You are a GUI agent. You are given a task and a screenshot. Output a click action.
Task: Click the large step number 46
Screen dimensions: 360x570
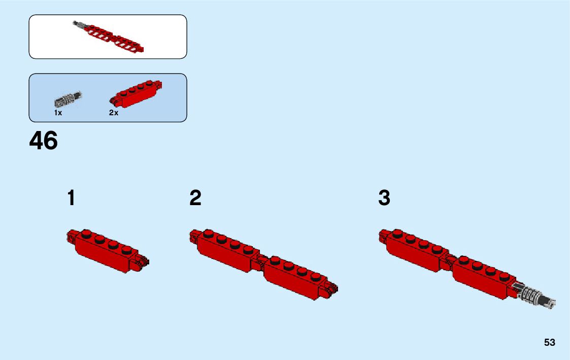44,141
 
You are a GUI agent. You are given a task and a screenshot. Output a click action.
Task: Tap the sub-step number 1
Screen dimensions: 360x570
71,198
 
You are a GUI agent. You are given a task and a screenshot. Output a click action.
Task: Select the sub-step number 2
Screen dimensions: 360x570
195,198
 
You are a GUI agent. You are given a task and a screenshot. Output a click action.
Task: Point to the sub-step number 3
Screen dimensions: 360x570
384,198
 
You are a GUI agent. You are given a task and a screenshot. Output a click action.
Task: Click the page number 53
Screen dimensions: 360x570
550,343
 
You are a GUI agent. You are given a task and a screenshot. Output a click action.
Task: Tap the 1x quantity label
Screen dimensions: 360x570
58,113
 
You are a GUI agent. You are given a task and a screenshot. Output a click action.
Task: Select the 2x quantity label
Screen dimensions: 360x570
113,113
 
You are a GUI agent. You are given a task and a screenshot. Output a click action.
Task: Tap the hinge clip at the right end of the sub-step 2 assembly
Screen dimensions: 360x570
333,290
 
